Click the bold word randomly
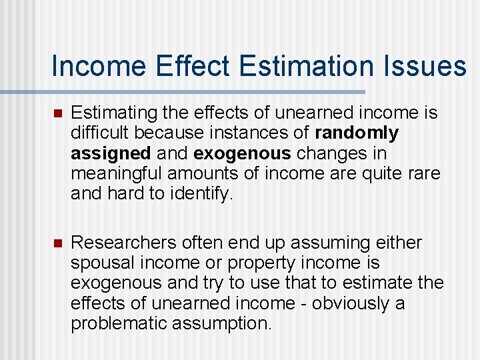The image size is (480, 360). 357,133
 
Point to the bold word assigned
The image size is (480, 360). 111,153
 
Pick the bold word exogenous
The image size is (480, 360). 242,153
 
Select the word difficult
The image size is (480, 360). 95,133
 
